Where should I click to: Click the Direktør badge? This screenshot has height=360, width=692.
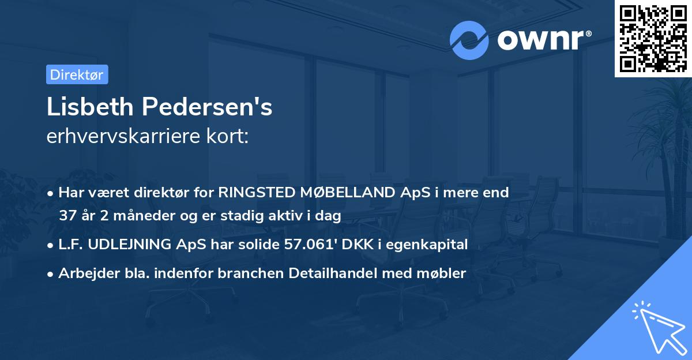[x=77, y=74]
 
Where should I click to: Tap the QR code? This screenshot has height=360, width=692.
[x=653, y=38]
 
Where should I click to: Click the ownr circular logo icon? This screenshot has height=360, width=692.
[x=470, y=40]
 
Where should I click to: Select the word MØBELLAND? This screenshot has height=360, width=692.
[x=349, y=193]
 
